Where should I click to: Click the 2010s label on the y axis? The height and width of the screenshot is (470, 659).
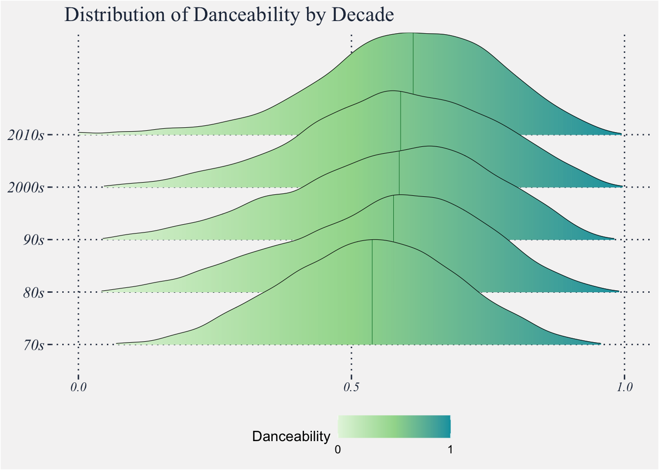pyautogui.click(x=25, y=135)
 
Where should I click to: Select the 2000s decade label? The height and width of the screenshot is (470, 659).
pyautogui.click(x=25, y=188)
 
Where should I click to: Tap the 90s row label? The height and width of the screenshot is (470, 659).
pyautogui.click(x=33, y=240)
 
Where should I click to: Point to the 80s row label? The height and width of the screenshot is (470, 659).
pyautogui.click(x=33, y=293)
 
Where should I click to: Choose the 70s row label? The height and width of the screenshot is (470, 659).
pyautogui.click(x=33, y=346)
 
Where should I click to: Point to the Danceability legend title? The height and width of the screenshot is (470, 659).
pyautogui.click(x=291, y=436)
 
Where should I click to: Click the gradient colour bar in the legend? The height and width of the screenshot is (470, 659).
pyautogui.click(x=394, y=426)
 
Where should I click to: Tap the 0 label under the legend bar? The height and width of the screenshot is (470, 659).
pyautogui.click(x=337, y=449)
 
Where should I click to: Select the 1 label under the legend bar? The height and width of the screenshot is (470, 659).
pyautogui.click(x=450, y=449)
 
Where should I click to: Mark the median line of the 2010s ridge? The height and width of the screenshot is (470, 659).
pyautogui.click(x=413, y=64)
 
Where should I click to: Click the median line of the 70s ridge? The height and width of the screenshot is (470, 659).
pyautogui.click(x=372, y=294)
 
